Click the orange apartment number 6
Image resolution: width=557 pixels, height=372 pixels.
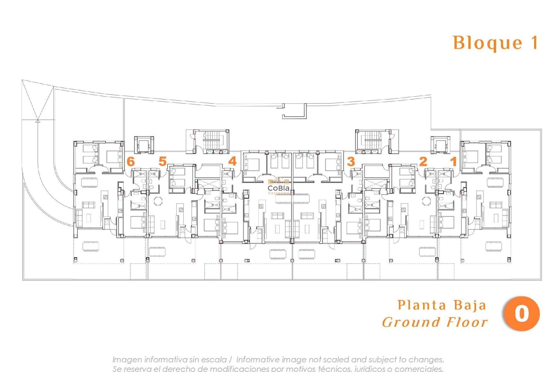coord(131,161)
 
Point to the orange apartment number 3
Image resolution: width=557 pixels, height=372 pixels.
coord(351,161)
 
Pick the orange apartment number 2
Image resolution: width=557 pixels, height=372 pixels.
coord(423,161)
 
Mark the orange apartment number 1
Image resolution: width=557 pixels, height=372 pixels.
coord(453,161)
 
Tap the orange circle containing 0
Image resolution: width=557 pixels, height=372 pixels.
coord(521,314)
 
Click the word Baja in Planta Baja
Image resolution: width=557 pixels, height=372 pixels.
coord(469,305)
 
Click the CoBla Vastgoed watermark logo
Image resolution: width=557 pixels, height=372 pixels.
coord(278,186)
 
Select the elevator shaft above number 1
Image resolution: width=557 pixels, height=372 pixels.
coord(440,144)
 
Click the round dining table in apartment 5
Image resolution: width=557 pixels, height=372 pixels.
coord(158,201)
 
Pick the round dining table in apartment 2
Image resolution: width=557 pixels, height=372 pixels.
coord(427,201)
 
